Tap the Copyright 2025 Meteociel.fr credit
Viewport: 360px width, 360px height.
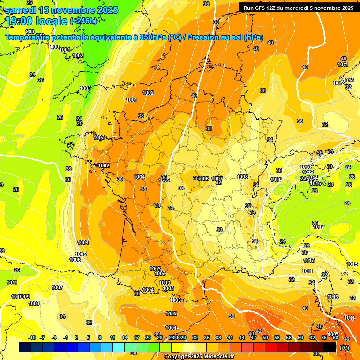tap(199, 356)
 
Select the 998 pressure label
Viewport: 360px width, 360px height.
tap(30, 45)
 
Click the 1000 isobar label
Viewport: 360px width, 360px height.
tap(53, 47)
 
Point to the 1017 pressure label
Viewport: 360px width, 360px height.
tap(319, 227)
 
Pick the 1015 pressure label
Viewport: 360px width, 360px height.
tap(352, 264)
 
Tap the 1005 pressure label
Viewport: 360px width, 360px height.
tap(81, 254)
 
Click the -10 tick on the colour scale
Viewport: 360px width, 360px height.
tap(32, 337)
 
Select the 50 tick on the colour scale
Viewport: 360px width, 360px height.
tap(265, 337)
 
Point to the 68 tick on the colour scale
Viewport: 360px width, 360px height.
tap(336, 337)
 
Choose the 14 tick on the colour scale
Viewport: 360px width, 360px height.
tap(125, 337)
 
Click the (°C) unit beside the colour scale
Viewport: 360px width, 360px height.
tap(344, 347)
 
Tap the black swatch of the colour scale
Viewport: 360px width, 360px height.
tap(329, 347)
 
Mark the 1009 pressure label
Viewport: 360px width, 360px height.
tap(277, 180)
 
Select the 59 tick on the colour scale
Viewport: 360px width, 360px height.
tap(300, 337)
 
